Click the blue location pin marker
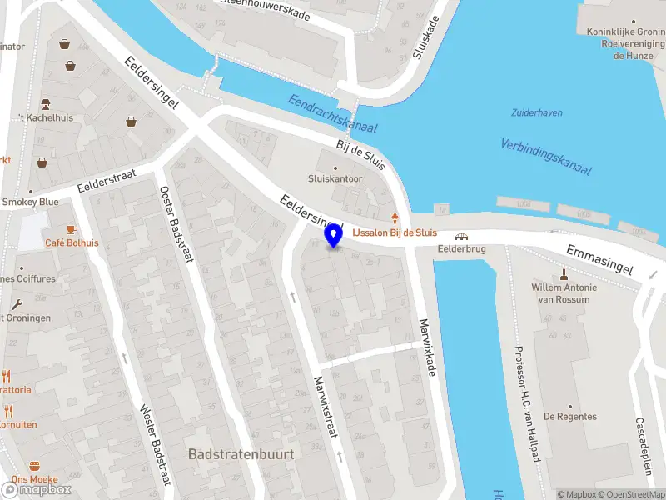tap(334, 236)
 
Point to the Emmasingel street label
tap(599, 259)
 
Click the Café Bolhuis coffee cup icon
tap(72, 228)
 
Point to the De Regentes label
tap(570, 416)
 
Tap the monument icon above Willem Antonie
tap(564, 273)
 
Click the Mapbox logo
tap(37, 489)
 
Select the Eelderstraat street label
tap(106, 180)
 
